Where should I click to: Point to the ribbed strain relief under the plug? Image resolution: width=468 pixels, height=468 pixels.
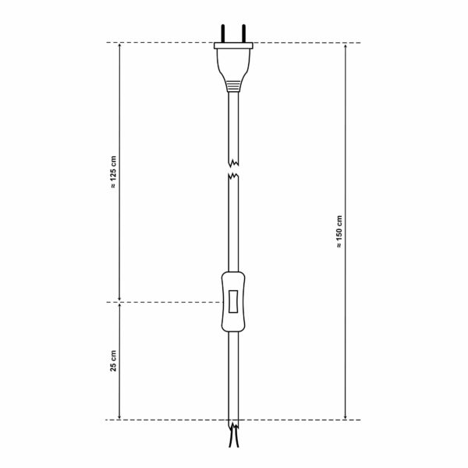(233, 83)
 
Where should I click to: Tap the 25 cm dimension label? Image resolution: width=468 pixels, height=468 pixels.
(114, 360)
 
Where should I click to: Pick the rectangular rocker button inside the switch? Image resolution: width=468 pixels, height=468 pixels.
(233, 302)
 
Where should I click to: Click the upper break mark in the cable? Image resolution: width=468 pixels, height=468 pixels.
(233, 164)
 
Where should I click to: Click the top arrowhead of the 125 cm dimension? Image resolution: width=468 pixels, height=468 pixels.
(119, 46)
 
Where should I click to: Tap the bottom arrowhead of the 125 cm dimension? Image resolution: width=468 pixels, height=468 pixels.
(119, 297)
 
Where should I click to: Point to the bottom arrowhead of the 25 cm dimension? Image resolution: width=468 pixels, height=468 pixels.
(119, 416)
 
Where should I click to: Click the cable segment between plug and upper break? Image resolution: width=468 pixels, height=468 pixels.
(233, 125)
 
